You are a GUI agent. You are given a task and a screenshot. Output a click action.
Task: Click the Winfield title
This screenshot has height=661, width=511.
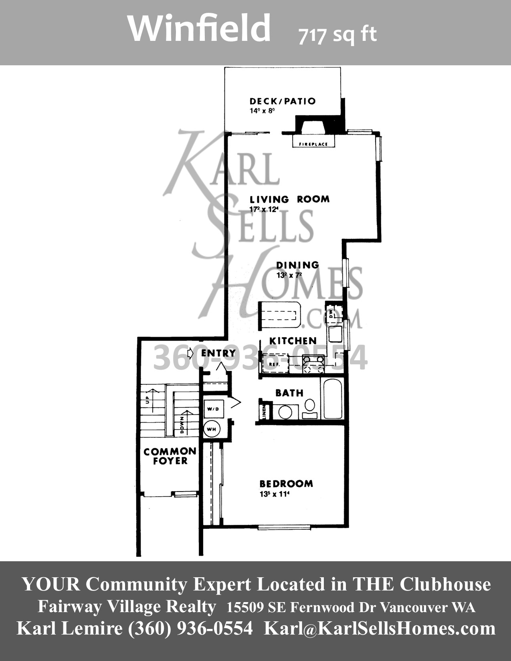coord(199,28)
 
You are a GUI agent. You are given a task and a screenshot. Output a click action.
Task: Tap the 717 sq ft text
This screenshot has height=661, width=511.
coord(337,35)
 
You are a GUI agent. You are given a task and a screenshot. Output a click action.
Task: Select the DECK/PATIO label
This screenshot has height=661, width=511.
coord(283,101)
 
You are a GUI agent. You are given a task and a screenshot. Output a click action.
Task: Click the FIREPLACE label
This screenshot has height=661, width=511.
coord(313,144)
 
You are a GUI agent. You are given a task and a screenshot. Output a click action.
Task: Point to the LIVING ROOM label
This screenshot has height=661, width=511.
coord(289,199)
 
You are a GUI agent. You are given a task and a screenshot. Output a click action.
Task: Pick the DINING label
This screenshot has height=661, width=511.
coord(297,265)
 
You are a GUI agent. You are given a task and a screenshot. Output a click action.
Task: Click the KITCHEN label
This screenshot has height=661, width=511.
coord(293,341)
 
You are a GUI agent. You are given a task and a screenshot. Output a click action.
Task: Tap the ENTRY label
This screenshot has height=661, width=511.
coord(218,353)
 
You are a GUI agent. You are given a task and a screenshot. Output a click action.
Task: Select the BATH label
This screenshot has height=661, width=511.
coord(289,393)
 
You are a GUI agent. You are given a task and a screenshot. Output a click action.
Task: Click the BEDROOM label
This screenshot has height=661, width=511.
coord(286,484)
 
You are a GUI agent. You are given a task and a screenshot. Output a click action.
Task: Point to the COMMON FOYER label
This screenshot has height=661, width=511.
coord(170,456)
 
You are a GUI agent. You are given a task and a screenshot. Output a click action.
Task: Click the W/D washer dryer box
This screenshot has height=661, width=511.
coord(213,409)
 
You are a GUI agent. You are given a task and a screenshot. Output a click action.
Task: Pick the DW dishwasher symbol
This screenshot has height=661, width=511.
coord(331,313)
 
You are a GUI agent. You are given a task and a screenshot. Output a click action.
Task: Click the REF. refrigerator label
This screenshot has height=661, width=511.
coord(274,365)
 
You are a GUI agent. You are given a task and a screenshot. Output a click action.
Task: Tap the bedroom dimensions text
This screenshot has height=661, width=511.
coord(274,494)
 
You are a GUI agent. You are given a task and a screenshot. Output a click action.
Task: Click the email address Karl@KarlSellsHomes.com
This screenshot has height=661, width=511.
coord(380,628)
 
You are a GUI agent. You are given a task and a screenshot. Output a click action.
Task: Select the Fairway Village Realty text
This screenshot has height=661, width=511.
coord(127,607)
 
